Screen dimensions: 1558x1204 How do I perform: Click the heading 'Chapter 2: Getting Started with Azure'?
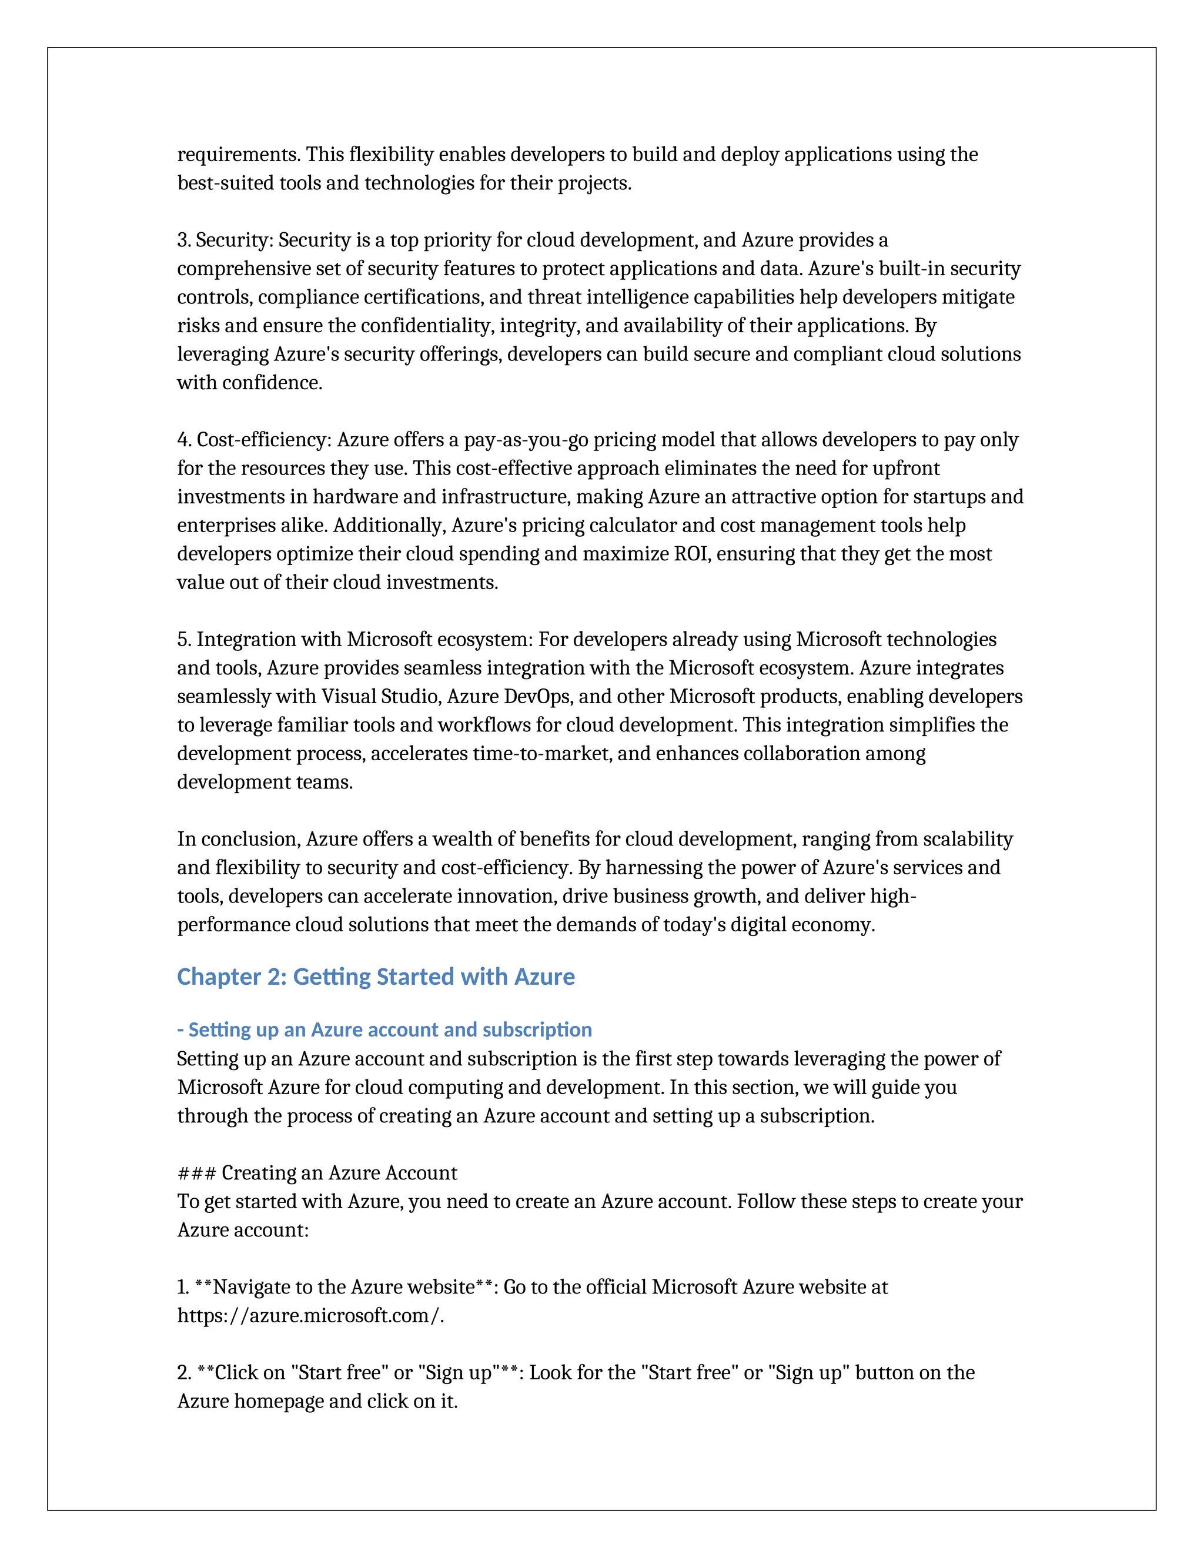click(x=375, y=977)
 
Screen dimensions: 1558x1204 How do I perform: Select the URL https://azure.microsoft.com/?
click(x=310, y=1315)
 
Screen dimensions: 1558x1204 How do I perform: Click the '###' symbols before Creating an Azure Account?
click(x=196, y=1173)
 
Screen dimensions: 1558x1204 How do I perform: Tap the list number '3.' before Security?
click(x=184, y=240)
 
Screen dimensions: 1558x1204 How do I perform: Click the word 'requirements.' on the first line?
click(x=239, y=155)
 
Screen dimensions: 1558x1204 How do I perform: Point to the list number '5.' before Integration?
click(x=184, y=640)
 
